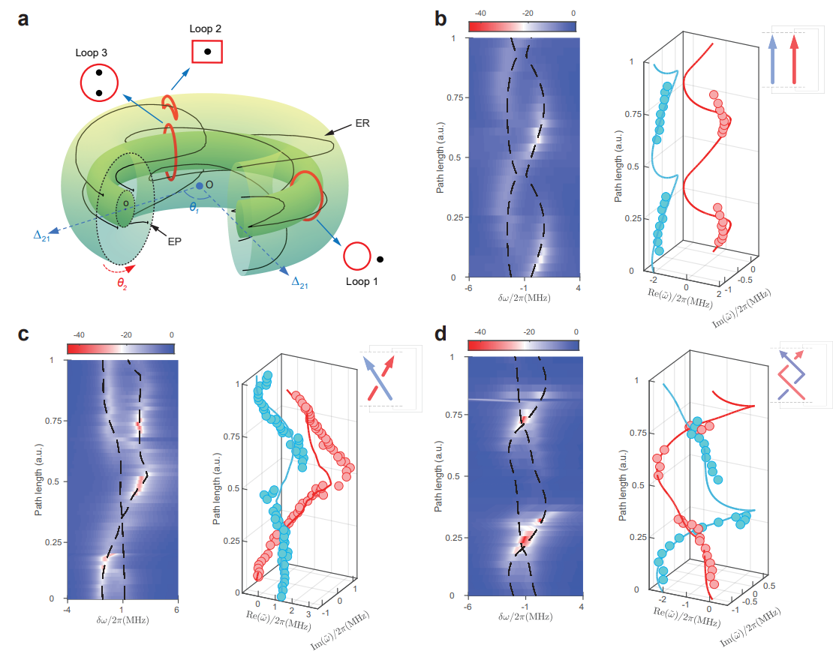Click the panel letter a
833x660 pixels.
pos(24,19)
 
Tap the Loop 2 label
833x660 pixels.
pos(206,29)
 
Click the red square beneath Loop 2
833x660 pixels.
pos(207,51)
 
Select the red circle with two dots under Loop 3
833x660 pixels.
pos(99,82)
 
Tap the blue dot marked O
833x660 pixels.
pos(199,184)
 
